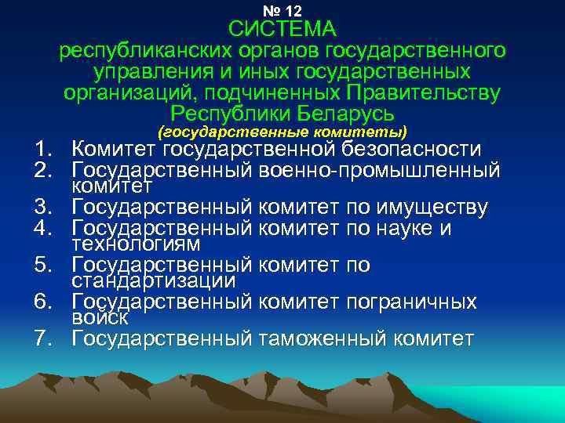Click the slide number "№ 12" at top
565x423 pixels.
point(282,10)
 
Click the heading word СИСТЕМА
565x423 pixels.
point(282,30)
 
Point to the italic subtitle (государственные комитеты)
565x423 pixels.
point(282,130)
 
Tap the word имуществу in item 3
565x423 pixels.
point(430,208)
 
